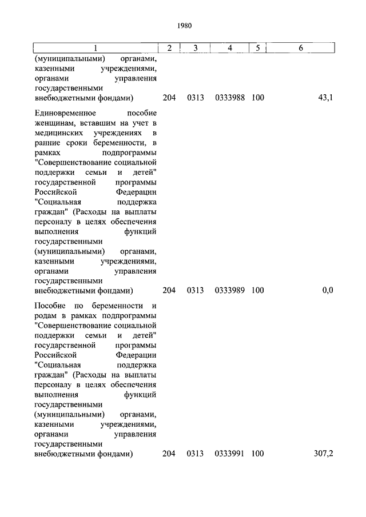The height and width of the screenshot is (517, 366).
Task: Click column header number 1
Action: pyautogui.click(x=95, y=48)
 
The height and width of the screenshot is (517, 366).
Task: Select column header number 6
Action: pyautogui.click(x=301, y=48)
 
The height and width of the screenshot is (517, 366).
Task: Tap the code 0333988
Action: pyautogui.click(x=230, y=98)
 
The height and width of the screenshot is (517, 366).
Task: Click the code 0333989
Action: pyautogui.click(x=230, y=290)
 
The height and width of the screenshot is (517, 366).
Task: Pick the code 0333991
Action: pyautogui.click(x=230, y=454)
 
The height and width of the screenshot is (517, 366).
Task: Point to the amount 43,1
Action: pyautogui.click(x=325, y=98)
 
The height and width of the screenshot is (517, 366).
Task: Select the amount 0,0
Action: pyautogui.click(x=327, y=290)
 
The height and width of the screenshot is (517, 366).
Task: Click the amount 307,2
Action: pyautogui.click(x=323, y=454)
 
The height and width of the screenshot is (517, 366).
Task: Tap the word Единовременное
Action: pyautogui.click(x=63, y=113)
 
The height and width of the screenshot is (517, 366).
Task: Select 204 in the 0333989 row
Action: pyautogui.click(x=169, y=290)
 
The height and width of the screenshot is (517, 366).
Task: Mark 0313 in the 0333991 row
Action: pyautogui.click(x=195, y=454)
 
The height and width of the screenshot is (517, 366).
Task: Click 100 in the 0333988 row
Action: pyautogui.click(x=257, y=98)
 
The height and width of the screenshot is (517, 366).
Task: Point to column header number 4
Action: pyautogui.click(x=229, y=48)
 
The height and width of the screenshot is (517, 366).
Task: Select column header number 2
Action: pyautogui.click(x=169, y=48)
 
